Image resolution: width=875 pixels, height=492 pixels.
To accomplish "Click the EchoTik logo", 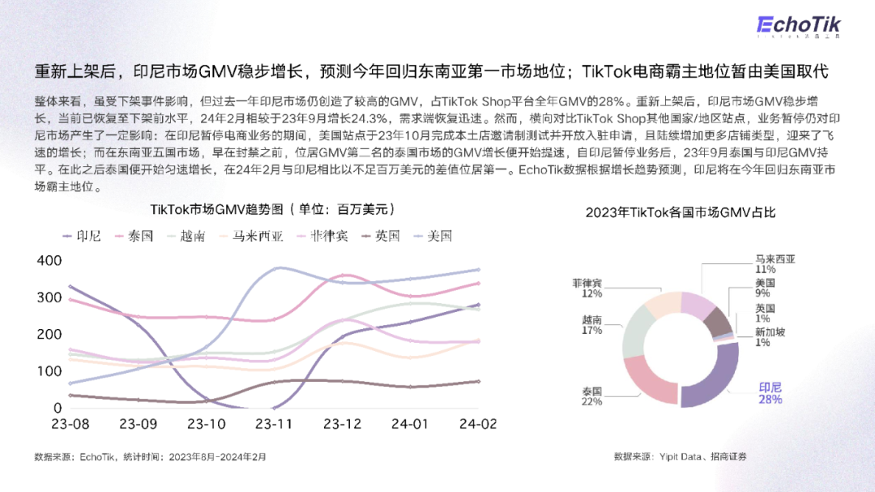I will pos(798,26).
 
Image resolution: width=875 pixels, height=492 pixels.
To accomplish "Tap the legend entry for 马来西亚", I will pos(251,236).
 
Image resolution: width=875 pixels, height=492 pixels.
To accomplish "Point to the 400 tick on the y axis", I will pos(49,260).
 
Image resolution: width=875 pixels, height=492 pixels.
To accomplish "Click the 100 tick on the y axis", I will pos(49,371).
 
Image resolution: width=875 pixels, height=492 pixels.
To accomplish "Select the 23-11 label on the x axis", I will pos(273,424).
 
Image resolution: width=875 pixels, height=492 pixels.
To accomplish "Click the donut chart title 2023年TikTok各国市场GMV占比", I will pos(681,212).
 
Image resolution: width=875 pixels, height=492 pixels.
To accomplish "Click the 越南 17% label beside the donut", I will pos(592,325).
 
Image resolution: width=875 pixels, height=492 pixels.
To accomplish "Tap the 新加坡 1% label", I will pos(770,337).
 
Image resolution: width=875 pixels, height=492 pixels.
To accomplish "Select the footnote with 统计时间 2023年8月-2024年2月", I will pos(150,457).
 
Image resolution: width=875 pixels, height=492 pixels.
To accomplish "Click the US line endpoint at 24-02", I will pos(478,269).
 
